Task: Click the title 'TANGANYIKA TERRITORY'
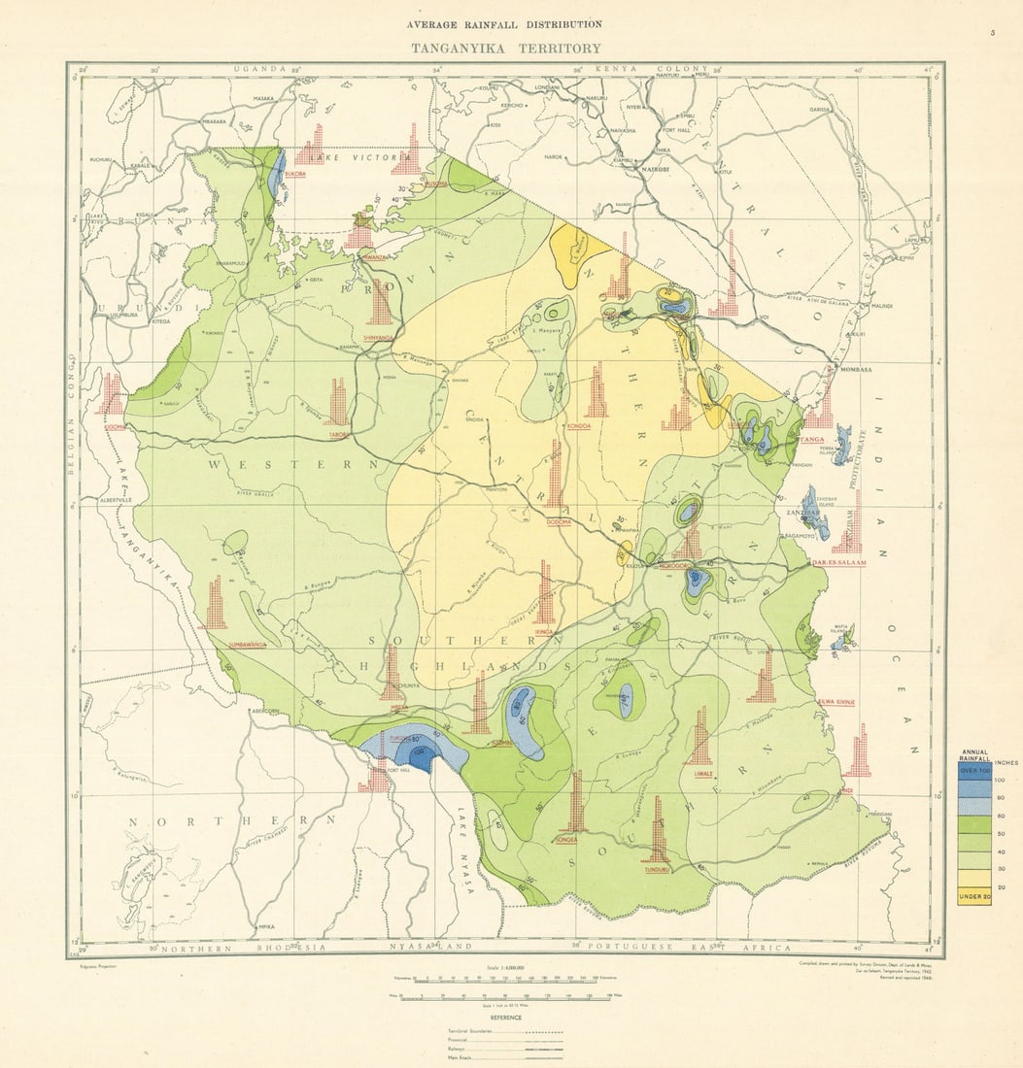[x=505, y=48]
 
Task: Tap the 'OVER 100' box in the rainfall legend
[x=974, y=771]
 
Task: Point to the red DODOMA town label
[x=559, y=521]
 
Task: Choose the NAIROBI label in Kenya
[x=655, y=169]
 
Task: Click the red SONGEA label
[x=566, y=841]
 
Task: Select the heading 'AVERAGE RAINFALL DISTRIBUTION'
[x=505, y=24]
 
